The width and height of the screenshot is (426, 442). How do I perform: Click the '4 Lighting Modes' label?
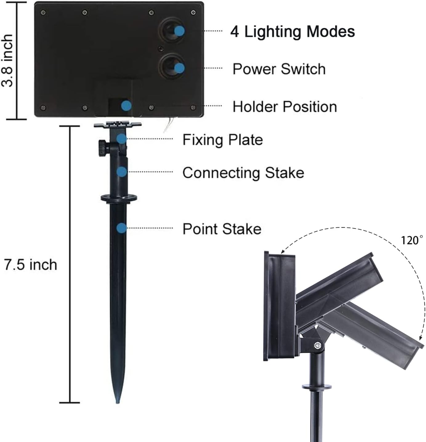click(x=292, y=31)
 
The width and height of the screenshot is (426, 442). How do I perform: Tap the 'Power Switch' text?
click(x=279, y=69)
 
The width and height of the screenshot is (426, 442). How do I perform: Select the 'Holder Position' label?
click(x=285, y=107)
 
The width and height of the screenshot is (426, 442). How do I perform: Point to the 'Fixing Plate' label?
click(x=223, y=140)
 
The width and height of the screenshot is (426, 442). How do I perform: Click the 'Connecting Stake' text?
click(x=243, y=172)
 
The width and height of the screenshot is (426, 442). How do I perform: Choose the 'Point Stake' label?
click(x=222, y=229)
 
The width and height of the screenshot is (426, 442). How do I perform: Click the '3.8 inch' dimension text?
click(x=7, y=61)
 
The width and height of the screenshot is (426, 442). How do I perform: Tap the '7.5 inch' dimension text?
click(x=30, y=265)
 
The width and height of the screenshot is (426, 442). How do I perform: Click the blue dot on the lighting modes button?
click(x=180, y=31)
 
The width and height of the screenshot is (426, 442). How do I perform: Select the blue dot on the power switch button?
click(x=180, y=68)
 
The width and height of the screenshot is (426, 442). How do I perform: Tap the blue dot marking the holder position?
click(x=126, y=106)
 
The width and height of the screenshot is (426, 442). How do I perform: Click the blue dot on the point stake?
click(x=122, y=228)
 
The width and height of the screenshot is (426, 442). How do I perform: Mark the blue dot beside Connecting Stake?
click(x=122, y=172)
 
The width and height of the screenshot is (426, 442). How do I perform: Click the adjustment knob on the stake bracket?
click(x=103, y=148)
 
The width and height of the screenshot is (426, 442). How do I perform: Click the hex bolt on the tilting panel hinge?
click(x=317, y=346)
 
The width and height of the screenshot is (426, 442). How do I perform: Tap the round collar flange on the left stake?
click(x=119, y=198)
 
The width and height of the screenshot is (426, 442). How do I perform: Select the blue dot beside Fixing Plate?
click(x=122, y=139)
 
